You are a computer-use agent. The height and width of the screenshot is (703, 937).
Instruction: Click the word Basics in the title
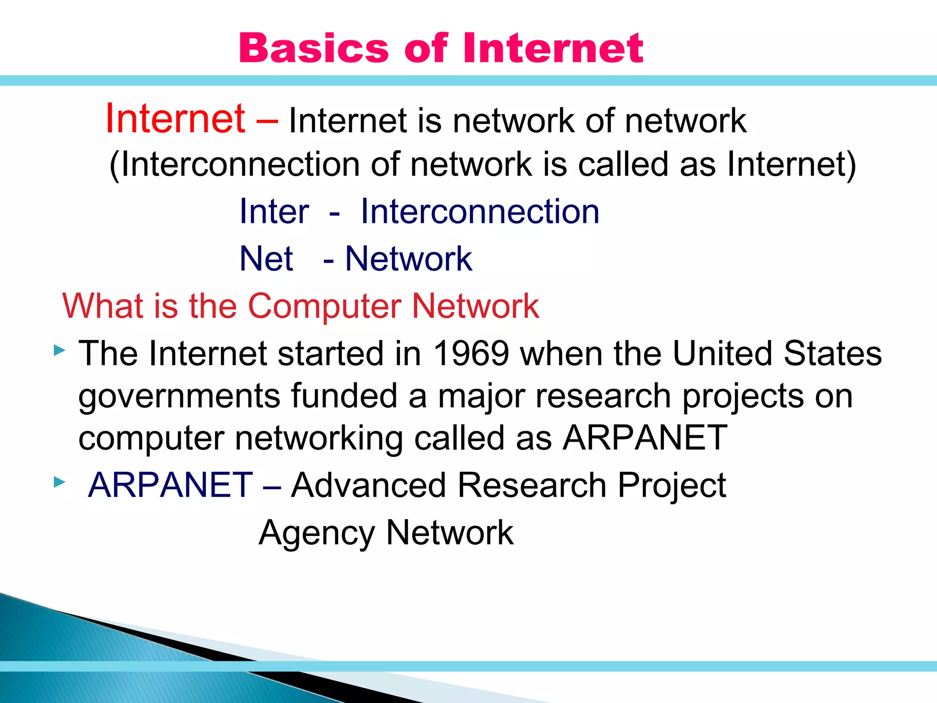coord(313,49)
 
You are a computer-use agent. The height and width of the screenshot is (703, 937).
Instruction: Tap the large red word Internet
coord(175,119)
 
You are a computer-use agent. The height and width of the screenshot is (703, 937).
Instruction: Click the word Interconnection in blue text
coord(480,212)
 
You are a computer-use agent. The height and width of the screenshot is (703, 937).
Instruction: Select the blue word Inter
coord(275,212)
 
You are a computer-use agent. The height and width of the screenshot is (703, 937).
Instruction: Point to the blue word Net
coord(266,259)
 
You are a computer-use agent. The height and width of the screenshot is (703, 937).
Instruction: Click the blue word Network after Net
coord(408,259)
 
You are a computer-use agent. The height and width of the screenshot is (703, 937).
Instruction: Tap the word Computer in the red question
coord(324,306)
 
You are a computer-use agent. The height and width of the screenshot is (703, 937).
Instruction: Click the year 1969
coord(471,354)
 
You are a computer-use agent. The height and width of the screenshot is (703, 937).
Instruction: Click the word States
coord(833,354)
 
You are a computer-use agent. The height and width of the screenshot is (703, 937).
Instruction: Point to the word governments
coord(179,396)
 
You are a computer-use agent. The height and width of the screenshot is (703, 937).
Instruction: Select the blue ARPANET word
coord(170,485)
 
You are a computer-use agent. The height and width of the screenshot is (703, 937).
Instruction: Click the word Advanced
coord(368,485)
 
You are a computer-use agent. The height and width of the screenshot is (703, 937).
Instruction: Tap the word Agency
coord(317,533)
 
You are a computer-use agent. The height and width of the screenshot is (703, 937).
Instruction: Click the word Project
coord(671,485)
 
